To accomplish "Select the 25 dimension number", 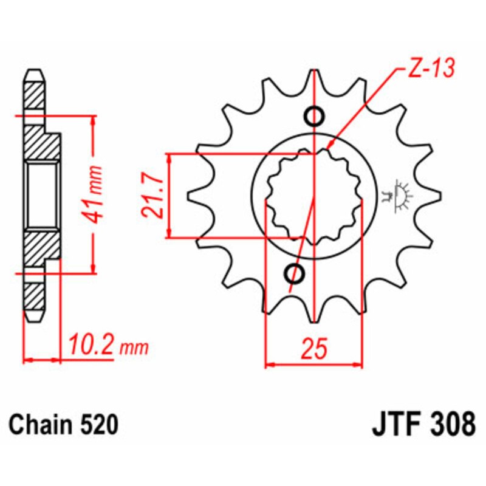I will click(x=315, y=349).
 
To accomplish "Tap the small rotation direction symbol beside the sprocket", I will click(x=399, y=194).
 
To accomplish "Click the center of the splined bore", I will click(x=313, y=196).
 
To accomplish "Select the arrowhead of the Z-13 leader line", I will click(x=330, y=146).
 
